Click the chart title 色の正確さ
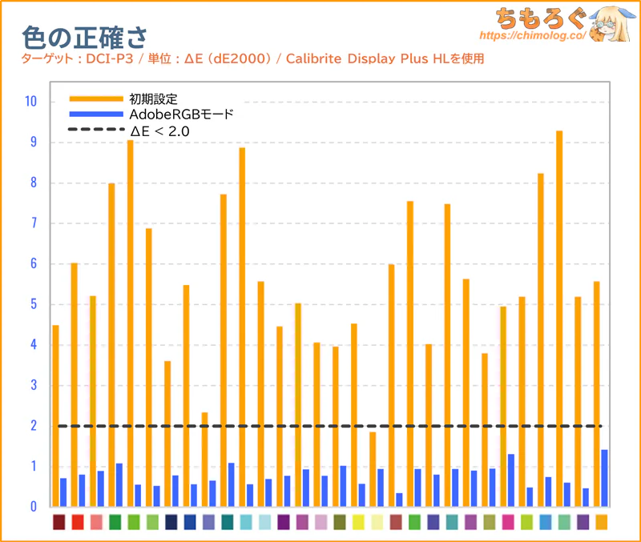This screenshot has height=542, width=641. tap(85, 37)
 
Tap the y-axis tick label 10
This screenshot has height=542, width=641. tap(30, 102)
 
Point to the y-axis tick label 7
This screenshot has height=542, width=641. tap(32, 223)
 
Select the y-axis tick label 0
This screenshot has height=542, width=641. tap(32, 507)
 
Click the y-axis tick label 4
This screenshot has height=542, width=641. tap(32, 345)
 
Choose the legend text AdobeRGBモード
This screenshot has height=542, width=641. tap(181, 114)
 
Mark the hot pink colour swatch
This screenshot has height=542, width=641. tap(508, 522)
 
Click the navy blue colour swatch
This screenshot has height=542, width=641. tap(171, 522)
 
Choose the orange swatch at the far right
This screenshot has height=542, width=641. tap(601, 522)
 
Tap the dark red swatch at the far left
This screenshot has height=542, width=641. tap(59, 522)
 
